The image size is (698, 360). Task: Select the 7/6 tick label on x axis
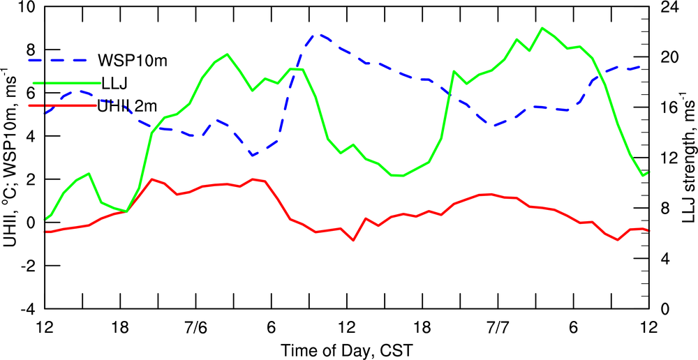pos(196,327)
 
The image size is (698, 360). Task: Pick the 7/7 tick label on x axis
pos(498,327)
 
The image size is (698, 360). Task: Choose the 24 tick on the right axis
pos(666,8)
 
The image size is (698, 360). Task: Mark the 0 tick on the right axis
pos(662,308)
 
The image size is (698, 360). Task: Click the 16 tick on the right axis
pos(666,108)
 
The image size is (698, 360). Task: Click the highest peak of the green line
pos(542,28)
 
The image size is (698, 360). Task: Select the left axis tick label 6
pos(30,93)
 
